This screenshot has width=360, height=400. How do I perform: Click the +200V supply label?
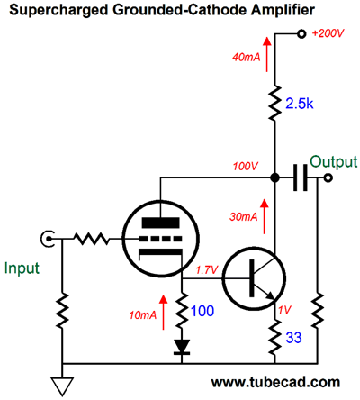(x=328, y=33)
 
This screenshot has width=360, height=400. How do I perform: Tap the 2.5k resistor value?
(x=299, y=104)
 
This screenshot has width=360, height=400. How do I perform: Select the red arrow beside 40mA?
(x=266, y=54)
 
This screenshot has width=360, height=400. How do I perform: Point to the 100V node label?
(x=246, y=166)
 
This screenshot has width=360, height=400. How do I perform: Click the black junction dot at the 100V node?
(x=274, y=177)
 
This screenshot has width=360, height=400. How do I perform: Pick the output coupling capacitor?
(x=301, y=177)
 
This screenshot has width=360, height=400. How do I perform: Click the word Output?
(x=334, y=162)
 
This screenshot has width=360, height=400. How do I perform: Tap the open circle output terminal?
(x=328, y=178)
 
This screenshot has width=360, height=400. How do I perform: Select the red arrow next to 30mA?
(x=265, y=216)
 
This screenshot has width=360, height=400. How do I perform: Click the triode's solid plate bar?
(x=161, y=223)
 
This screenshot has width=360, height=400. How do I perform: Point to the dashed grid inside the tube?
(x=161, y=239)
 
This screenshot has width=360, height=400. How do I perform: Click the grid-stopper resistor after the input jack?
(x=92, y=239)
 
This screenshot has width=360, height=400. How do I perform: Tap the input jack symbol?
(x=47, y=239)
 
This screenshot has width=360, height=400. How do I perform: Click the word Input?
(x=22, y=268)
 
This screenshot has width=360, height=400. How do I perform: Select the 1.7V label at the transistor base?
(x=207, y=270)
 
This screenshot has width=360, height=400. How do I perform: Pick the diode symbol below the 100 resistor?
(x=182, y=347)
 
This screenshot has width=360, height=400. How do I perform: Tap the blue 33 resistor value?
(x=293, y=338)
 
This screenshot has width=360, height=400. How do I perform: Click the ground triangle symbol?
(x=62, y=386)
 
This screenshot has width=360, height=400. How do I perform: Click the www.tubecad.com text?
(x=275, y=382)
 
